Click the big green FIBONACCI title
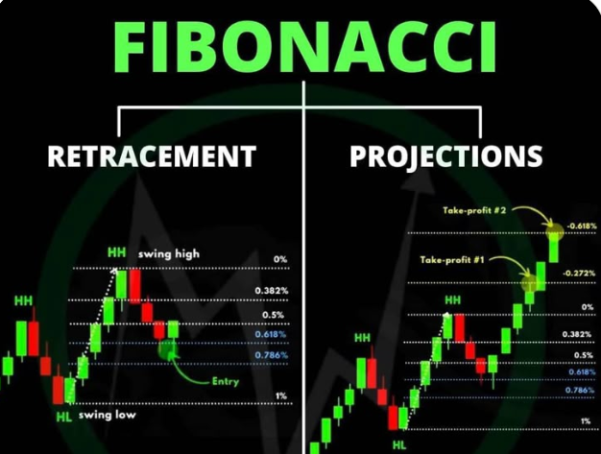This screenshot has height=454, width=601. pyautogui.click(x=305, y=47)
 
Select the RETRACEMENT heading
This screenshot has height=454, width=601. pyautogui.click(x=152, y=155)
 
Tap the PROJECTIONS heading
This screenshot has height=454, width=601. pyautogui.click(x=446, y=156)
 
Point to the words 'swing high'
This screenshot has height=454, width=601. pyautogui.click(x=169, y=254)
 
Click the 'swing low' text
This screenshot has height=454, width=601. pyautogui.click(x=108, y=415)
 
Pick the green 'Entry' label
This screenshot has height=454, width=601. pyautogui.click(x=226, y=382)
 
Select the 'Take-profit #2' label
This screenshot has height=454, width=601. pyautogui.click(x=474, y=210)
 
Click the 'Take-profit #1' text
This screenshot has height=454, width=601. pyautogui.click(x=452, y=260)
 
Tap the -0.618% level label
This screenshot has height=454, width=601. pyautogui.click(x=582, y=227)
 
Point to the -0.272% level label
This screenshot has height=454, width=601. pyautogui.click(x=579, y=274)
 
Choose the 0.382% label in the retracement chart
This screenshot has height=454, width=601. pyautogui.click(x=272, y=291)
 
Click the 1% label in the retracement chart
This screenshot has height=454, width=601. pyautogui.click(x=281, y=395)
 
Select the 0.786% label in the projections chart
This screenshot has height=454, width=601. pyautogui.click(x=580, y=390)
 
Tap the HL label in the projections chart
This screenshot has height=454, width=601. pyautogui.click(x=399, y=445)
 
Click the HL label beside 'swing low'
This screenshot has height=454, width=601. pyautogui.click(x=64, y=417)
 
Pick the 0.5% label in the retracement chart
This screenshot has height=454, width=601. pyautogui.click(x=274, y=316)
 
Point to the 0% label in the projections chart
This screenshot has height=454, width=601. pyautogui.click(x=588, y=307)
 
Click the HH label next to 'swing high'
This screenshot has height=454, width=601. pyautogui.click(x=116, y=252)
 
